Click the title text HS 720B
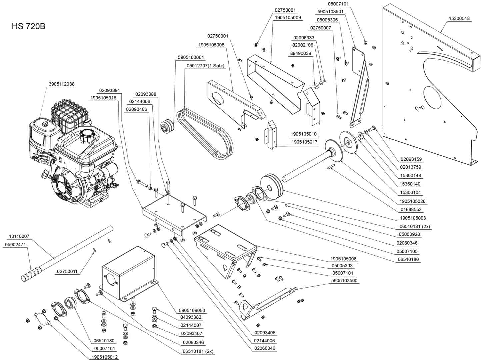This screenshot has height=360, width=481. pos(28,26)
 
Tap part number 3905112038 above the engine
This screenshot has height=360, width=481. pos(62,84)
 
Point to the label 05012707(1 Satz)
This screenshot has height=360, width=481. pos(205,66)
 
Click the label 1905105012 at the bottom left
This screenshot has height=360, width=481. pos(105,357)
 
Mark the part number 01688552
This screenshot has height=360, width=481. pos(411,210)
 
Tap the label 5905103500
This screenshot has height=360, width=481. pos(344,281)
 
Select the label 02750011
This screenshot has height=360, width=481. pos(67,271)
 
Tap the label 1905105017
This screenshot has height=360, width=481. pos(304,142)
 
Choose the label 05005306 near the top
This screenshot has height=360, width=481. pos(327,20)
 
